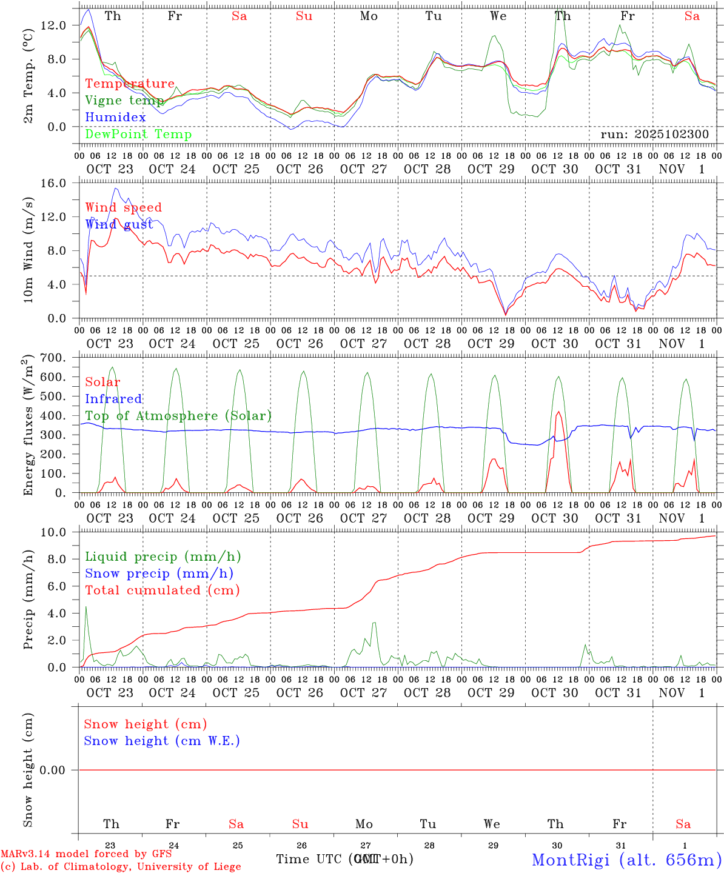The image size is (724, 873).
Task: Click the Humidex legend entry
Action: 115,117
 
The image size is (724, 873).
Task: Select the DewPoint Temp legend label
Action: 138,134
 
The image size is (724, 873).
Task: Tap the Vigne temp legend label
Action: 124,100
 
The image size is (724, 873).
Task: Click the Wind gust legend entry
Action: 119,224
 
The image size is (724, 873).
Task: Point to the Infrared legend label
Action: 113,399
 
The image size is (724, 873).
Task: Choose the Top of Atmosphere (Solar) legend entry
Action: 178,416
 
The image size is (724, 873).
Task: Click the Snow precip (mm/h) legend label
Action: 159,574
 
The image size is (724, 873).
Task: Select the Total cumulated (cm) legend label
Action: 162,590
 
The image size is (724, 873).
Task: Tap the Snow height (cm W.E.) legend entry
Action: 162,741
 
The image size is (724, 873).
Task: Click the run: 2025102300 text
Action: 654,134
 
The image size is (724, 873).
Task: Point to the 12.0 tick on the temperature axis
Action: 53,25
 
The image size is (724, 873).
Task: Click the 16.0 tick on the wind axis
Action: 53,183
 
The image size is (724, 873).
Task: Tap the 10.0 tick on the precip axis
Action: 53,532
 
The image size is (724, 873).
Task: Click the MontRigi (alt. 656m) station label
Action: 626,859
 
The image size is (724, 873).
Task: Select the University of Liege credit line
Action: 121,866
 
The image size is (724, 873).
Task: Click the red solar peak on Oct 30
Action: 558,412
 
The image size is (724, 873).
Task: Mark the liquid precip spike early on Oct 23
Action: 85,607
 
